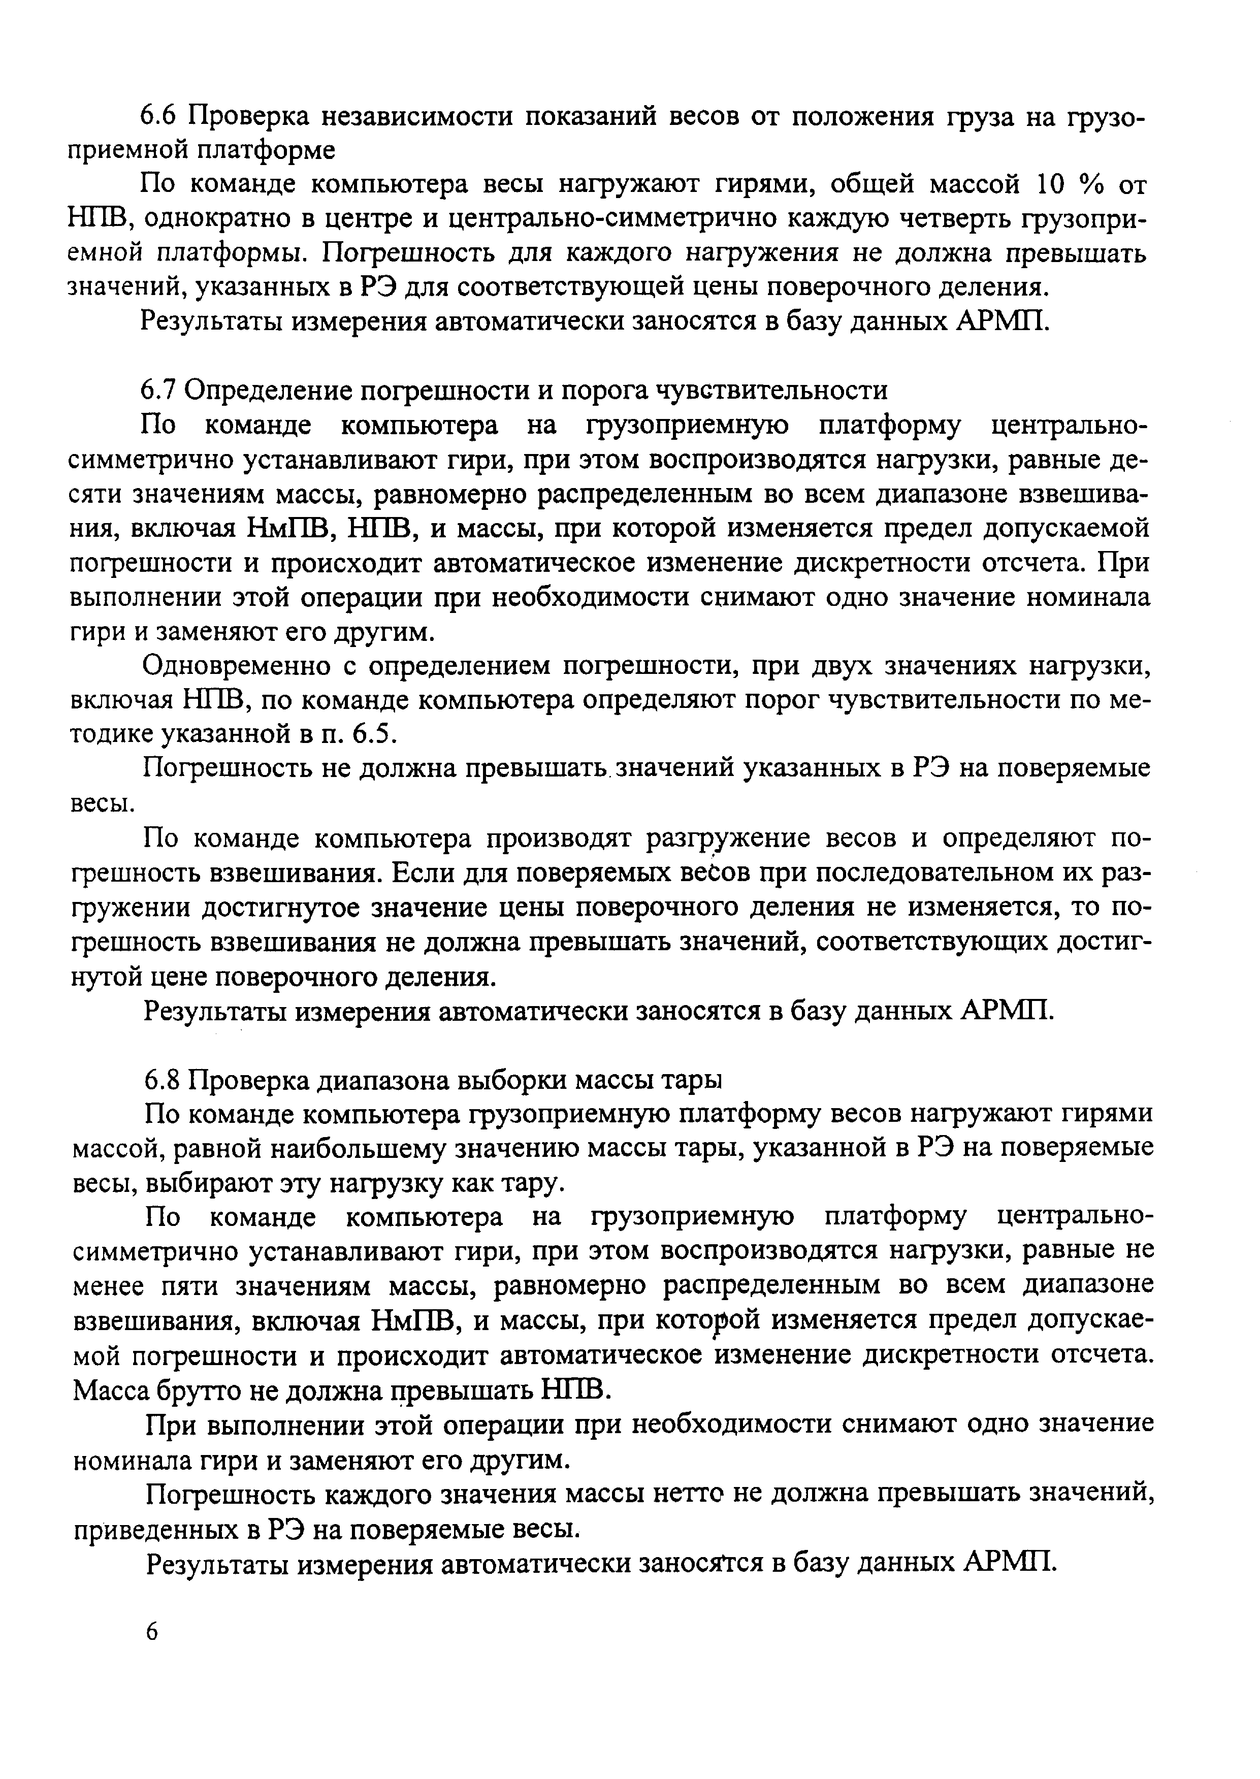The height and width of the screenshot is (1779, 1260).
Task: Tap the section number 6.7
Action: (x=160, y=390)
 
